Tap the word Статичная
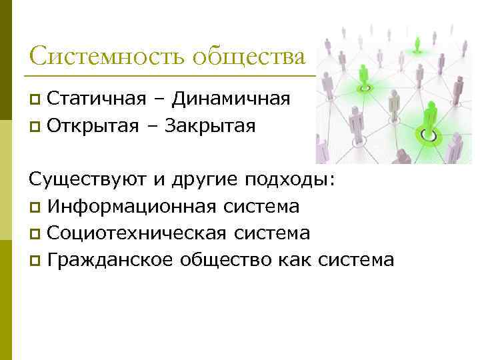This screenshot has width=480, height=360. click(x=97, y=99)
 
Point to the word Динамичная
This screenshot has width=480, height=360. click(x=231, y=99)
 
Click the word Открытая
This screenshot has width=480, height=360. click(x=93, y=125)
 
